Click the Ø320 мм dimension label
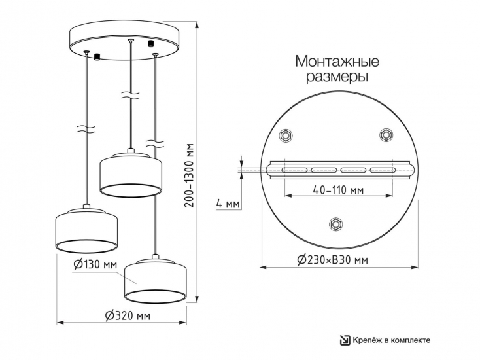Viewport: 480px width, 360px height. (128, 315)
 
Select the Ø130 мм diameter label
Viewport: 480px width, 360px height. (95, 264)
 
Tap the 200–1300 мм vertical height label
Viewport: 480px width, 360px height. (190, 175)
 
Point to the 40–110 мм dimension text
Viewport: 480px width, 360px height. (338, 190)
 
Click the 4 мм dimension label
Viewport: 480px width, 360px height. (228, 204)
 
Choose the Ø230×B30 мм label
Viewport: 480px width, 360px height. (332, 260)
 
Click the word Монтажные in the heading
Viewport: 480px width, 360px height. (337, 62)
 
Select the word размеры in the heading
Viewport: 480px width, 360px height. (337, 77)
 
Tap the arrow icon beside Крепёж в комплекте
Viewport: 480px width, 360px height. (345, 340)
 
